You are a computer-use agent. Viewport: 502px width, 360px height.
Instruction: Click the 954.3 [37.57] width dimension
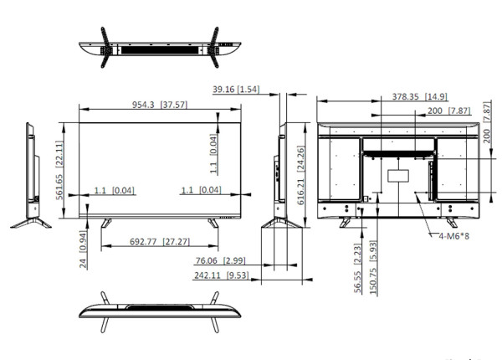159,105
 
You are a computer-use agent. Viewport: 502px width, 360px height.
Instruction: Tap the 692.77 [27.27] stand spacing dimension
158,241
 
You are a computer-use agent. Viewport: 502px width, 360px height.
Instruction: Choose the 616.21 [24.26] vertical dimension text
300,172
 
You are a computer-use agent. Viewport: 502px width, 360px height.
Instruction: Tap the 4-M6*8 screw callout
454,237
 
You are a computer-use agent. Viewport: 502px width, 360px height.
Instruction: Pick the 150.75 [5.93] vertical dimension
373,267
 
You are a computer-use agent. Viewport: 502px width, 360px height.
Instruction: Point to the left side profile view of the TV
32,176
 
